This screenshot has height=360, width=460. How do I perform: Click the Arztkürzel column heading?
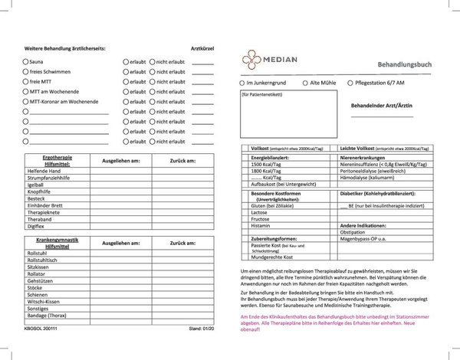(x=202, y=47)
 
